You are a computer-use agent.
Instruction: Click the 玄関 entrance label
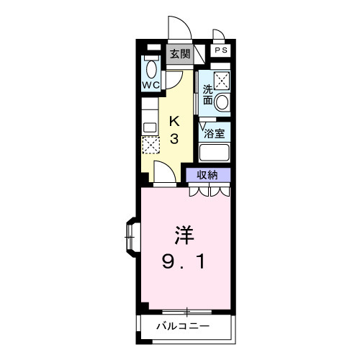pos(180,53)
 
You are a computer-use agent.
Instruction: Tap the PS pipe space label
pos(221,50)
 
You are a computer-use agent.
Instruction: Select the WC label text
pos(150,85)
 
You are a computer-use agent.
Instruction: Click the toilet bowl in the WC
pos(150,68)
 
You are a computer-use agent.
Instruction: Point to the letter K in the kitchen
pos(174,120)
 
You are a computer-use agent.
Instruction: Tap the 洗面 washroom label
pos(207,95)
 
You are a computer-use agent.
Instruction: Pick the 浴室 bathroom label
pos(215,132)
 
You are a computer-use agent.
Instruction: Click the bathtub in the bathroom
pos(214,153)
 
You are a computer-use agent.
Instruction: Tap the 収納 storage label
pos(209,174)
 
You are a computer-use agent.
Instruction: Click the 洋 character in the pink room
pos(183,235)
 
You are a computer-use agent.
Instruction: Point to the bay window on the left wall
pos(131,235)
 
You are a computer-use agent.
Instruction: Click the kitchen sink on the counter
pos(150,127)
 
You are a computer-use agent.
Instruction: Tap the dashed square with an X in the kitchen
pos(150,144)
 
